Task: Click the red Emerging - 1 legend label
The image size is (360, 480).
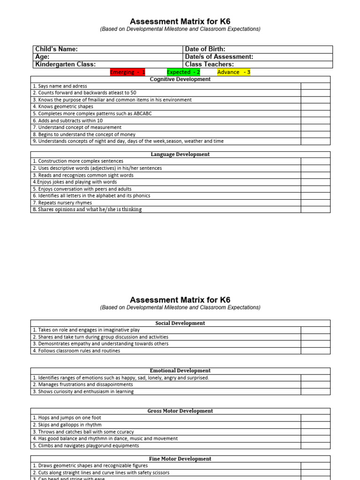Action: tap(127, 72)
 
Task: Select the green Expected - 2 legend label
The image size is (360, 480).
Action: tap(183, 72)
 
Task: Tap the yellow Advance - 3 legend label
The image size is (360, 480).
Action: tap(233, 72)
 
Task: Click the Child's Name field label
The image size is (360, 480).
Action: tap(57, 49)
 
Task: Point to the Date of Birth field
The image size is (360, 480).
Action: tap(205, 49)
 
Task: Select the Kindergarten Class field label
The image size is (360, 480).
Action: tap(66, 64)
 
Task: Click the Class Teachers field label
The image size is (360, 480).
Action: tap(210, 64)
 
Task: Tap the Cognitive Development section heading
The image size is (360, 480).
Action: tap(180, 79)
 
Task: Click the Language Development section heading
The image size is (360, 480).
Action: tap(180, 154)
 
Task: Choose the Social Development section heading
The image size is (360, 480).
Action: tap(180, 323)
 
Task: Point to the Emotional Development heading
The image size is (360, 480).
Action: tap(180, 370)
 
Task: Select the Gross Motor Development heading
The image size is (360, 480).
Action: tap(180, 411)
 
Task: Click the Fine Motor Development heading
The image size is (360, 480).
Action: tap(180, 459)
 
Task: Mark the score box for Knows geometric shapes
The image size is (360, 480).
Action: tap(315, 106)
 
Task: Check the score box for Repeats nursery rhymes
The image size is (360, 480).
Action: tap(315, 202)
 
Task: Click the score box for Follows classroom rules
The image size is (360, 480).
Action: tap(315, 351)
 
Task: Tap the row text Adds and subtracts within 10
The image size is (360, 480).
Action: tap(68, 120)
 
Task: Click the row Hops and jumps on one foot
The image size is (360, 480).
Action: tap(67, 418)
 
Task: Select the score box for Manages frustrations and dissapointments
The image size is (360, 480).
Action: tap(315, 384)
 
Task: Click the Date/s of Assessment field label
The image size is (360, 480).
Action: tap(219, 57)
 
